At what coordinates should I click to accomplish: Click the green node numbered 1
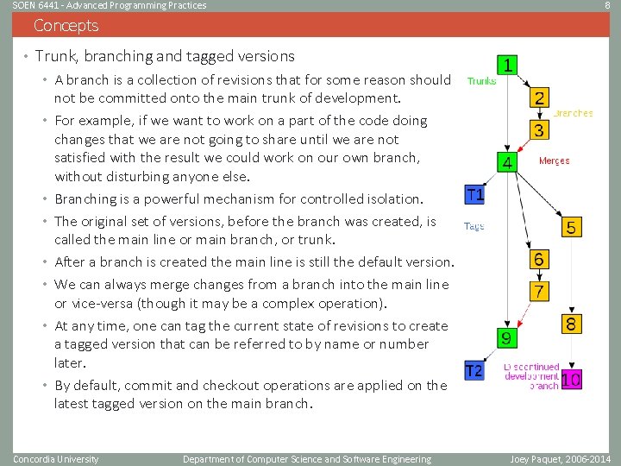(x=509, y=66)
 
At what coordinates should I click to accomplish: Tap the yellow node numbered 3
(x=538, y=130)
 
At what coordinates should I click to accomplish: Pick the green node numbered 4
(x=508, y=162)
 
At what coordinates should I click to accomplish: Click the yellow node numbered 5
(x=572, y=227)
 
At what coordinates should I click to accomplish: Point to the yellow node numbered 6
(x=538, y=259)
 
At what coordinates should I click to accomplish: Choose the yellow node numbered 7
(x=538, y=291)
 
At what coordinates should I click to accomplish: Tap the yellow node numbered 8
(x=572, y=324)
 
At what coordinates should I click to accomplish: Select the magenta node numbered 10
(x=572, y=379)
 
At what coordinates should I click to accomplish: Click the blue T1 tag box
(x=474, y=195)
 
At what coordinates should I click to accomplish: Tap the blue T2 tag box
(x=474, y=371)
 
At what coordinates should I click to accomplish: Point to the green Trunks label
(x=481, y=81)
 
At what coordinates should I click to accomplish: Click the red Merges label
(x=555, y=161)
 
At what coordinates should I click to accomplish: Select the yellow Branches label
(x=573, y=113)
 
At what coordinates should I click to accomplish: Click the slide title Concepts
(x=66, y=26)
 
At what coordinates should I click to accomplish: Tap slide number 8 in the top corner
(x=607, y=5)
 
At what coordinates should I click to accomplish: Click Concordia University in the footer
(x=56, y=459)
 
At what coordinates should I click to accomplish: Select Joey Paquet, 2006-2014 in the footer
(x=561, y=459)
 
